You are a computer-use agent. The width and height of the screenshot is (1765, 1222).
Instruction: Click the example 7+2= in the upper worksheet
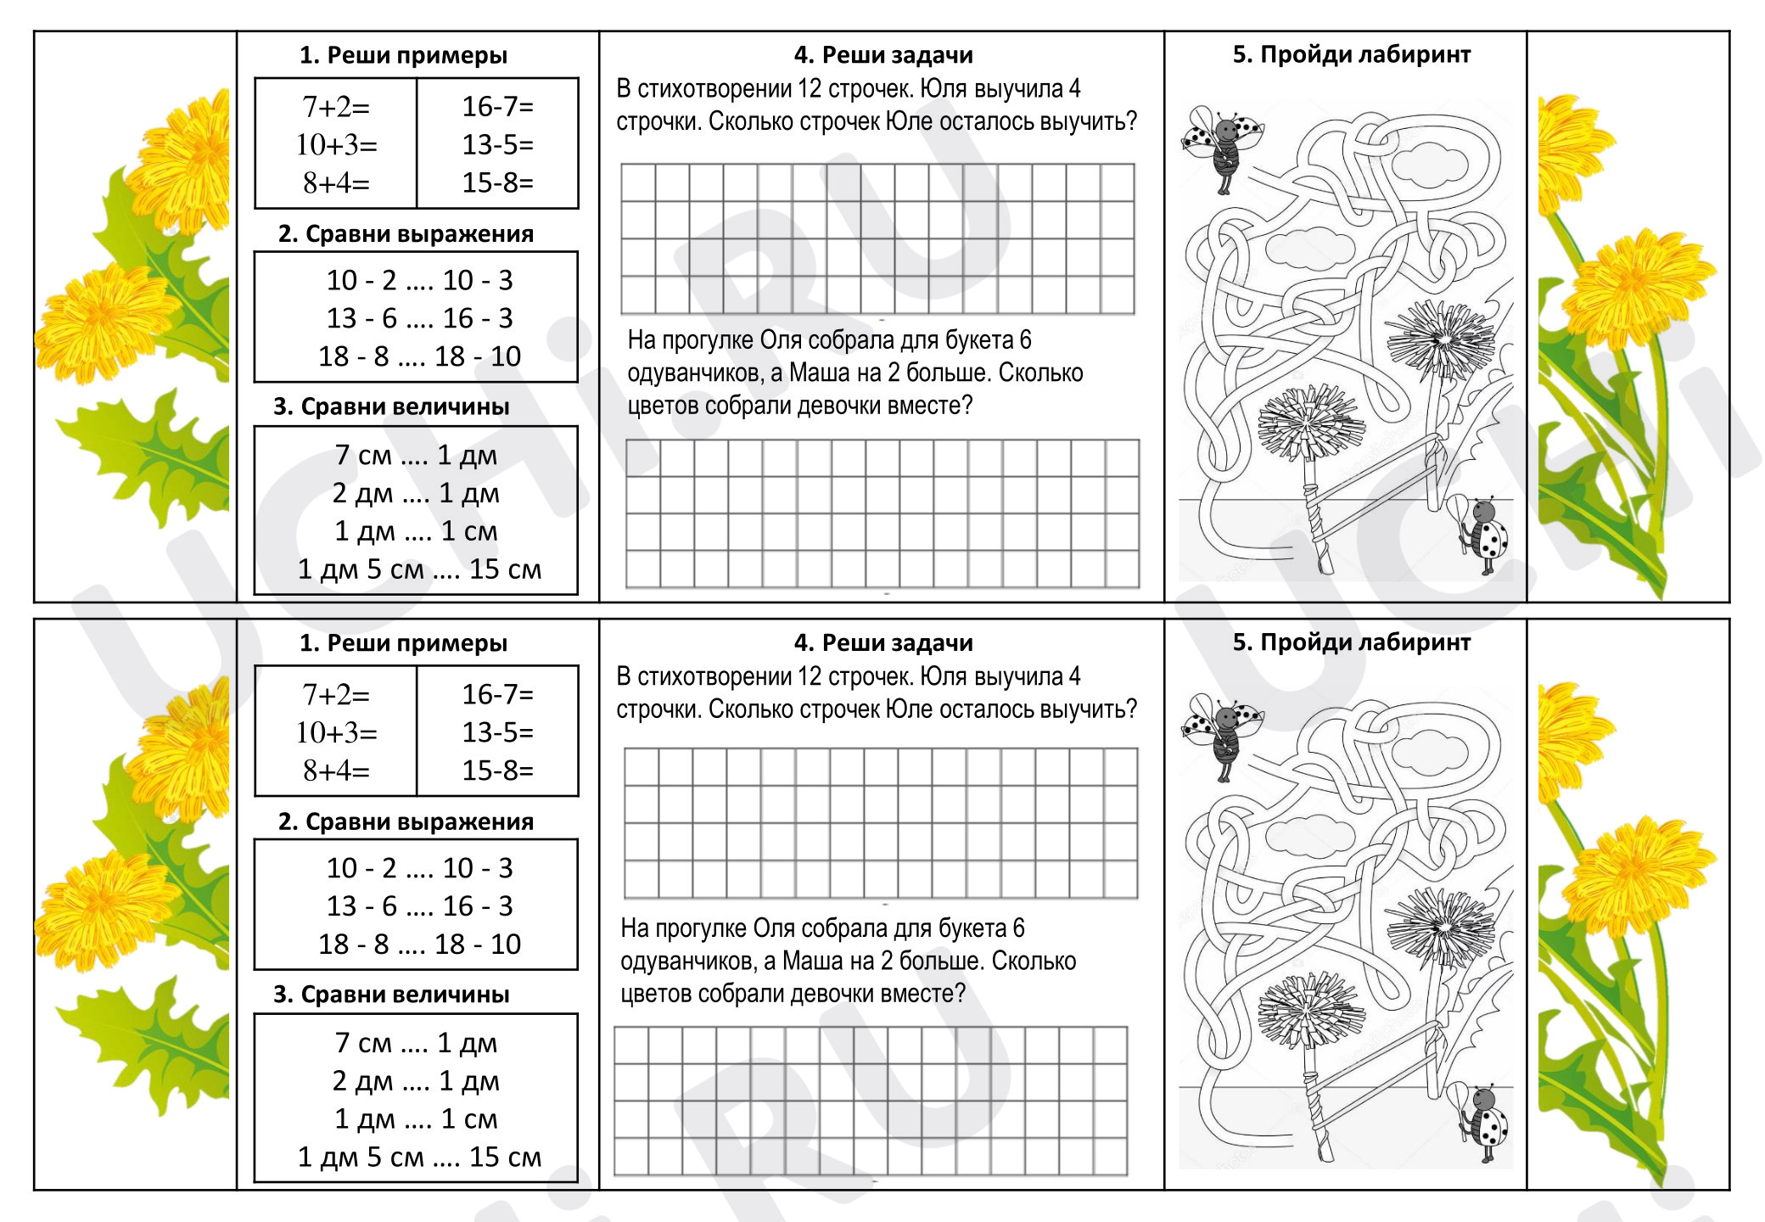pyautogui.click(x=336, y=107)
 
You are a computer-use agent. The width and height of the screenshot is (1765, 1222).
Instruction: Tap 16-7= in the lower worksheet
pyautogui.click(x=498, y=694)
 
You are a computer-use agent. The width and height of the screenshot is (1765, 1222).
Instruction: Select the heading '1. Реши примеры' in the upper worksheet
pyautogui.click(x=403, y=55)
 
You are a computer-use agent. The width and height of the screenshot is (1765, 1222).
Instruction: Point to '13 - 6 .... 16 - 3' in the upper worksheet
pyautogui.click(x=420, y=318)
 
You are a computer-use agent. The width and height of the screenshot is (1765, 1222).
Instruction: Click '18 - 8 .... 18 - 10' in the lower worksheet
pyautogui.click(x=420, y=944)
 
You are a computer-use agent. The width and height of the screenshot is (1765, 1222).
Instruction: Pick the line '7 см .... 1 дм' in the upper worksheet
pyautogui.click(x=416, y=455)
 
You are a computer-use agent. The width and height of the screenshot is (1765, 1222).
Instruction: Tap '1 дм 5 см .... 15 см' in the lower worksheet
pyautogui.click(x=419, y=1157)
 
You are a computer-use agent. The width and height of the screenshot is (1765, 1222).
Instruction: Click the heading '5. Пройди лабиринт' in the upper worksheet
pyautogui.click(x=1352, y=54)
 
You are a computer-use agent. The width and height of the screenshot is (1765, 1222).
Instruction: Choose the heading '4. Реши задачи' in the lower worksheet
pyautogui.click(x=883, y=642)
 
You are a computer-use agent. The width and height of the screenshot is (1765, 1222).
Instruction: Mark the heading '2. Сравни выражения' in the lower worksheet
pyautogui.click(x=406, y=821)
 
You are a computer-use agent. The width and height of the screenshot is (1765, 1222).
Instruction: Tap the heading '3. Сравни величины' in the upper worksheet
pyautogui.click(x=391, y=406)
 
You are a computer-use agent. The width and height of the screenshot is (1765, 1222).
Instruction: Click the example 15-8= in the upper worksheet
pyautogui.click(x=498, y=182)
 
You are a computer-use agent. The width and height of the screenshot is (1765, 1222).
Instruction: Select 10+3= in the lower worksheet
pyautogui.click(x=336, y=732)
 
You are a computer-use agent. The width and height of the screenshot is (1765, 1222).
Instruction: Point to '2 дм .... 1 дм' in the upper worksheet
pyautogui.click(x=416, y=493)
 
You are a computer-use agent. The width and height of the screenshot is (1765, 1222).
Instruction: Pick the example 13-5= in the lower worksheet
pyautogui.click(x=498, y=732)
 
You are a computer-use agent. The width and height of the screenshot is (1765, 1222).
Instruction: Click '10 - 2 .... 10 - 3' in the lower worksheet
pyautogui.click(x=420, y=868)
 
